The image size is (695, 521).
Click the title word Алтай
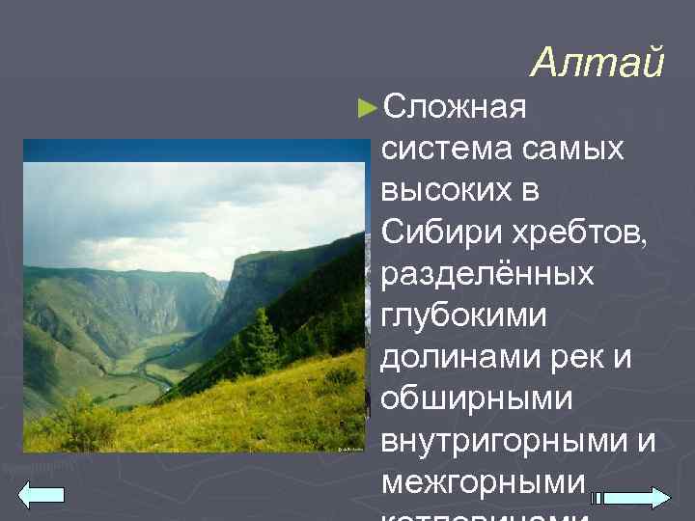point(598,64)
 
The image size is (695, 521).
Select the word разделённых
point(487,275)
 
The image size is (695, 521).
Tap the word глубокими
point(464,316)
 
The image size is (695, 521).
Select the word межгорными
point(470,482)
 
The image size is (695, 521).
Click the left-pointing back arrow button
point(42,496)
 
